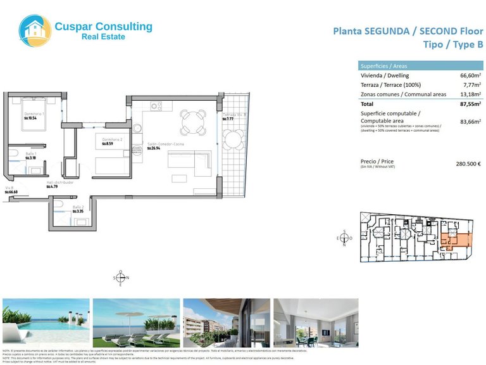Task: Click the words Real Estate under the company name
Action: coord(103,37)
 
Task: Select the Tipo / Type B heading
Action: coord(452,44)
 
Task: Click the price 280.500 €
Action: coord(469,163)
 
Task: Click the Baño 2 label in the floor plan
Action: coord(78,207)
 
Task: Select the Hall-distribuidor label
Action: coord(60,182)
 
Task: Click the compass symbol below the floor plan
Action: coord(121,278)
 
